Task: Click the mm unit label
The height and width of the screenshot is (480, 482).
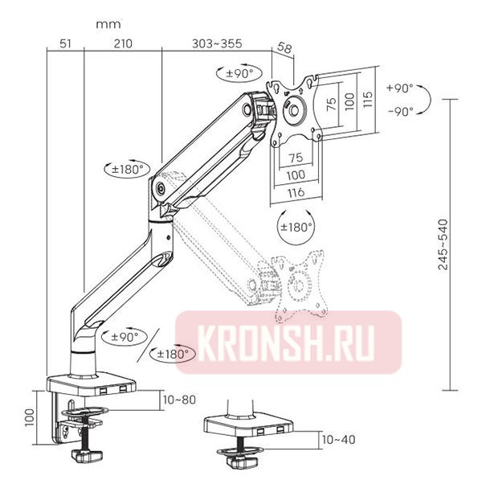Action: [108, 24]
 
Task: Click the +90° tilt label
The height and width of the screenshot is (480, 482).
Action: [399, 87]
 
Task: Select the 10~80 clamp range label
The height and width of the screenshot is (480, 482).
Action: [178, 400]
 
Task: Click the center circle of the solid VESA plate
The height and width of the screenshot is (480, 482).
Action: [296, 111]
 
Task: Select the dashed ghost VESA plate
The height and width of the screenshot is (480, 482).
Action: [301, 281]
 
